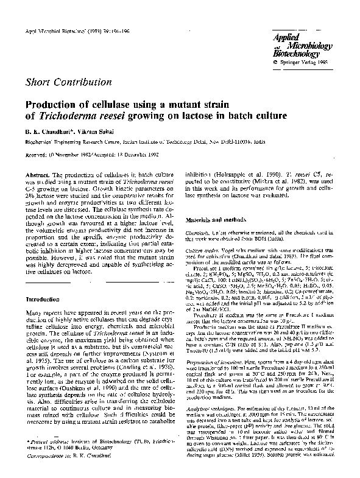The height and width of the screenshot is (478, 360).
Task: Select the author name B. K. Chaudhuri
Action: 51,135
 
